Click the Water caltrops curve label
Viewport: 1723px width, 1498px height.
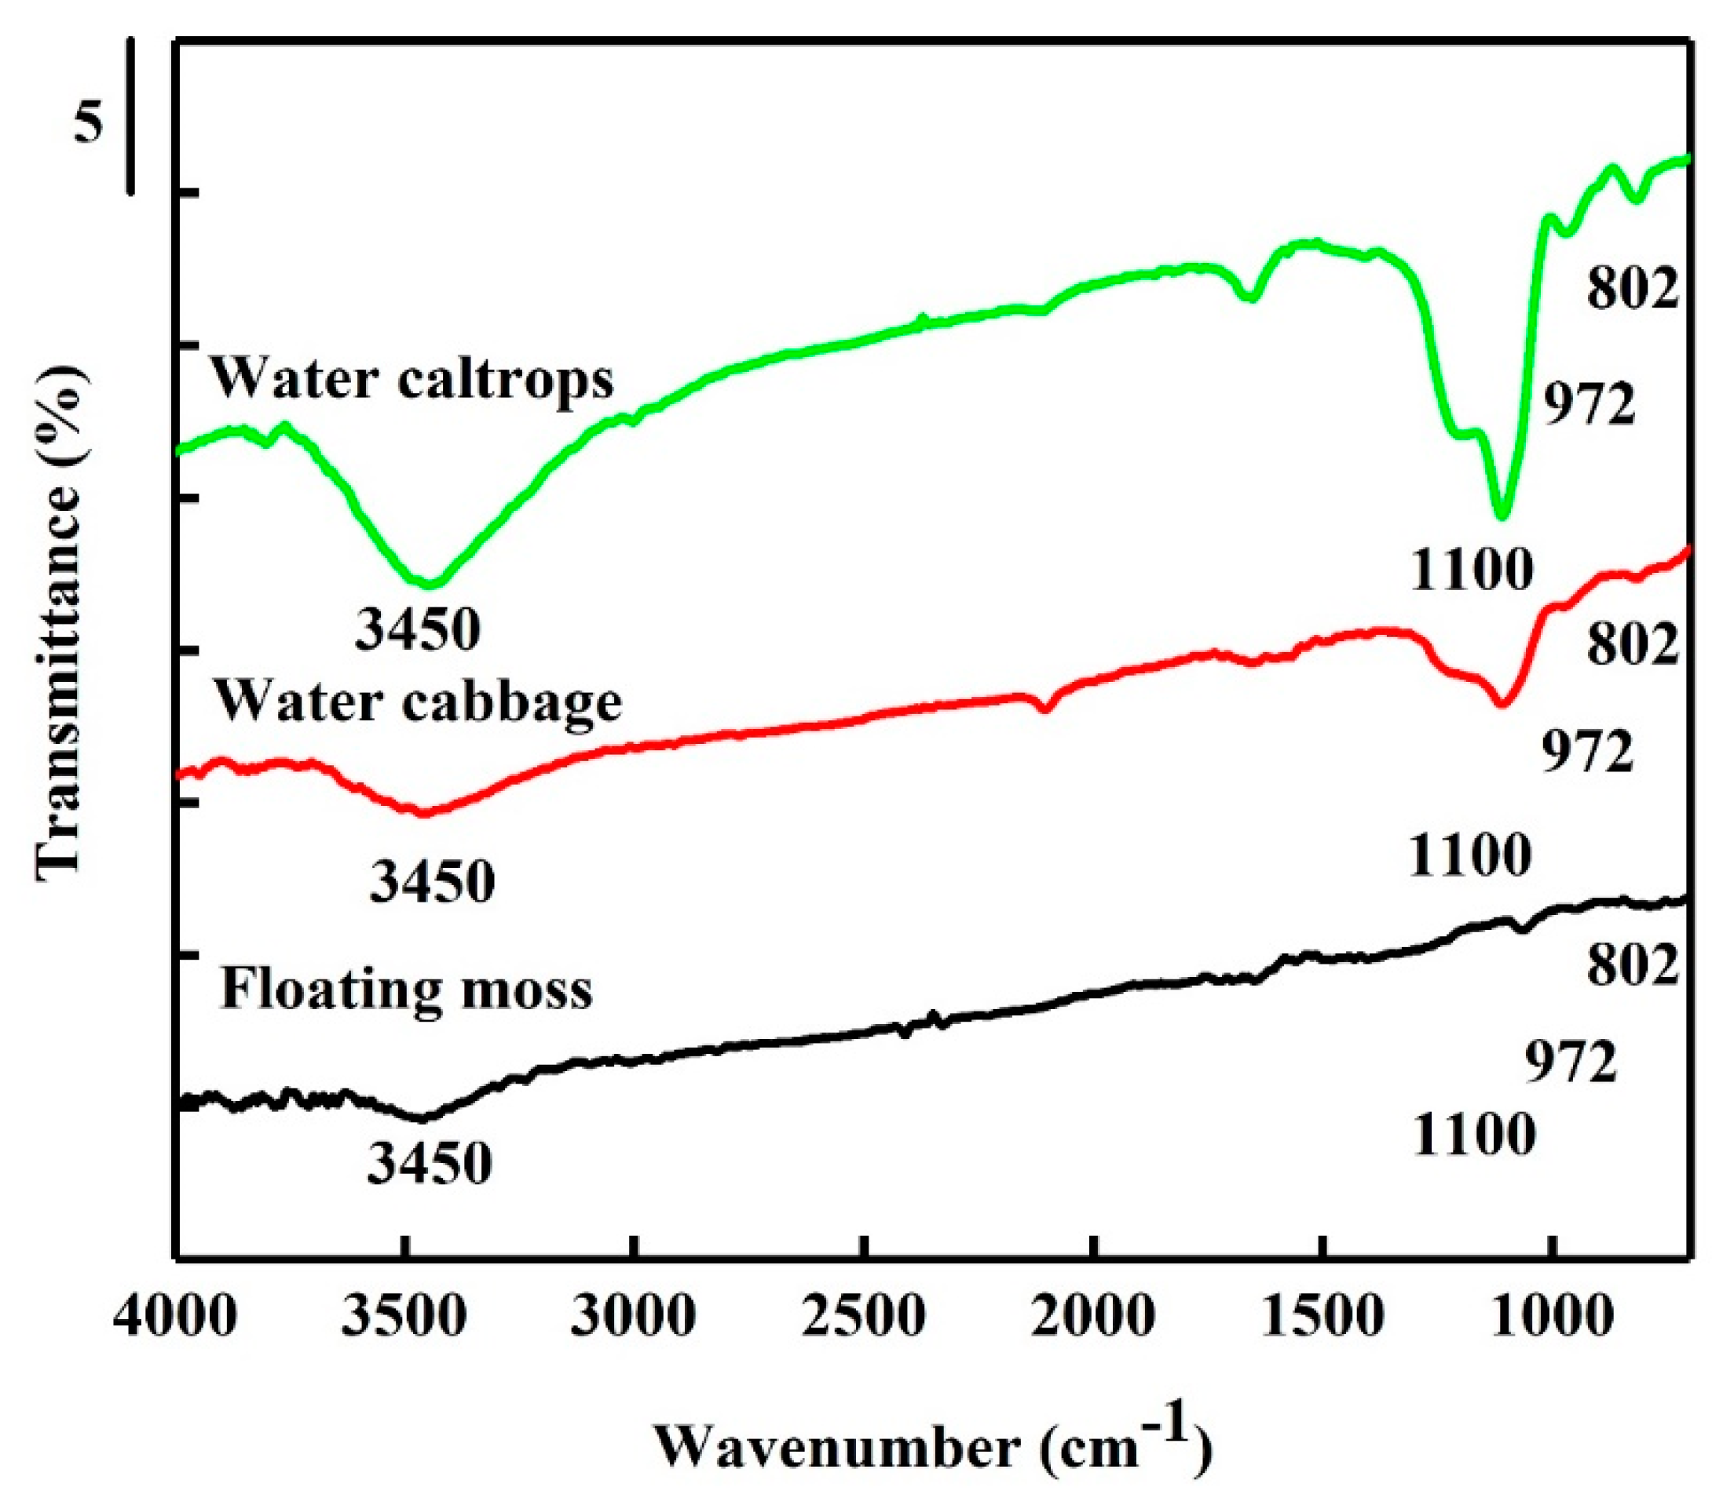412,379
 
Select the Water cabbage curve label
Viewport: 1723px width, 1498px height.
419,701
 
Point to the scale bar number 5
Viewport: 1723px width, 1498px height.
88,122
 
